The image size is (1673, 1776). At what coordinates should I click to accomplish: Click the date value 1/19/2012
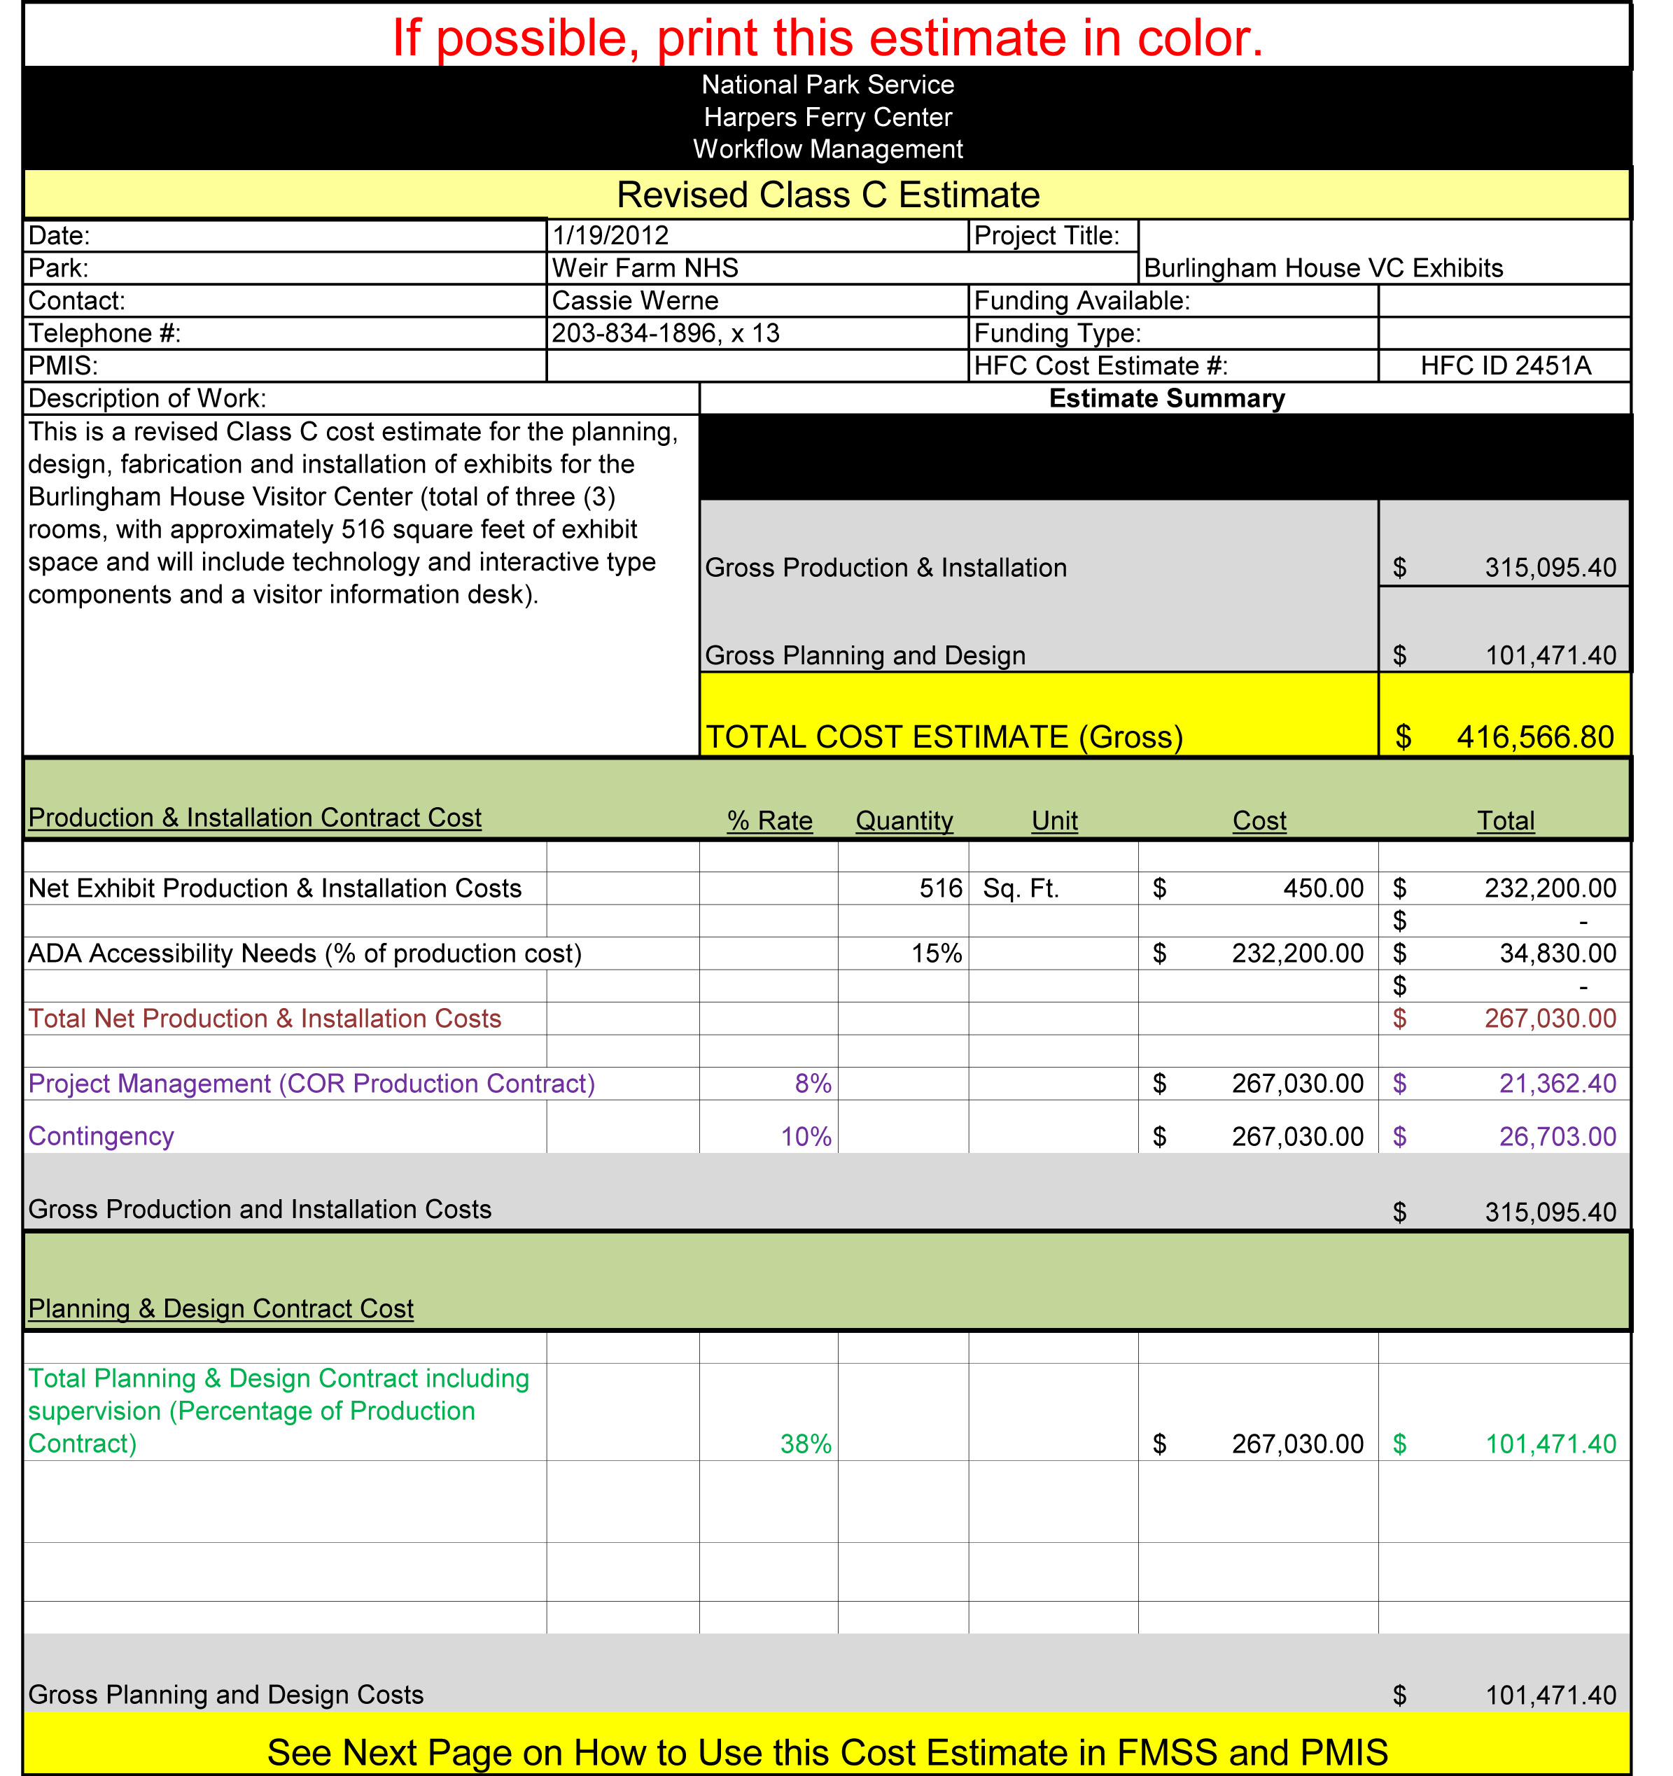click(610, 236)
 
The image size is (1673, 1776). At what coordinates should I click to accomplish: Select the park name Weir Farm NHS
click(645, 268)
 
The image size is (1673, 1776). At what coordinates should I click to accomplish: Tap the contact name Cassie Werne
click(635, 301)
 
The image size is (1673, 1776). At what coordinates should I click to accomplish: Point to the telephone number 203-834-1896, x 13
click(666, 333)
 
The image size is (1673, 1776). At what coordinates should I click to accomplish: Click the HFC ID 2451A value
click(1505, 366)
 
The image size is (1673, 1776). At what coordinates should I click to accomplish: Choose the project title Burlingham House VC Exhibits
click(1323, 268)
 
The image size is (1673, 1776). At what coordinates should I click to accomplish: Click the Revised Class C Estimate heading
click(828, 195)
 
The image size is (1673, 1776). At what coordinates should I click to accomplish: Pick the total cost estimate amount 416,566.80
click(1534, 737)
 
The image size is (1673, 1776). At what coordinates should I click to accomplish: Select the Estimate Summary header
click(1165, 398)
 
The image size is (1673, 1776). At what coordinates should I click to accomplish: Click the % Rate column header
click(769, 820)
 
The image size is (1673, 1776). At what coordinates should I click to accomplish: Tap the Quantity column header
click(904, 820)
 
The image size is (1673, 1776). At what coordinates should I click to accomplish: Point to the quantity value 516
click(941, 888)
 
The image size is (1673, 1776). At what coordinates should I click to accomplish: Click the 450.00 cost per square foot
click(1323, 888)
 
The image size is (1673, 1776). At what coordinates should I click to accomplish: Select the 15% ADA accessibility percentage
click(936, 953)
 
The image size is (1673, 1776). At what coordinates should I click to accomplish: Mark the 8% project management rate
click(813, 1084)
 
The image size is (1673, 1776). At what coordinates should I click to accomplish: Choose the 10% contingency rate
click(806, 1136)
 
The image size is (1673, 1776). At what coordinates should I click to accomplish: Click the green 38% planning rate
click(806, 1443)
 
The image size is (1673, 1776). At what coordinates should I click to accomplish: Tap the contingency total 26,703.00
click(1557, 1136)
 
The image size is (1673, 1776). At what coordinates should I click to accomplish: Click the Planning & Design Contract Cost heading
click(220, 1309)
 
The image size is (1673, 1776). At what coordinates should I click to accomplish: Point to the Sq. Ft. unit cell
click(1020, 888)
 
